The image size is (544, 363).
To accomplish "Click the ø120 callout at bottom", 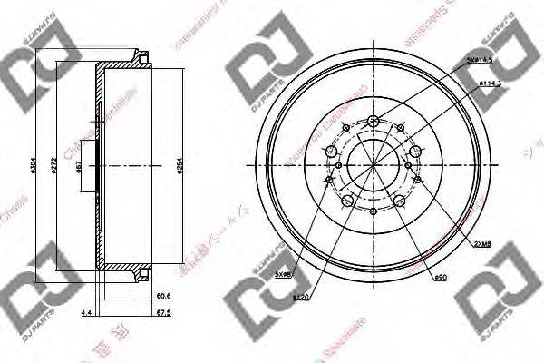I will click(x=301, y=297).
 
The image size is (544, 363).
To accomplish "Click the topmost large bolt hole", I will click(x=374, y=121).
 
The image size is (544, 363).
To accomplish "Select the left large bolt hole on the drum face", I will click(x=330, y=152).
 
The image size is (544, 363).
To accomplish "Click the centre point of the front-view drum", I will click(x=374, y=166).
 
